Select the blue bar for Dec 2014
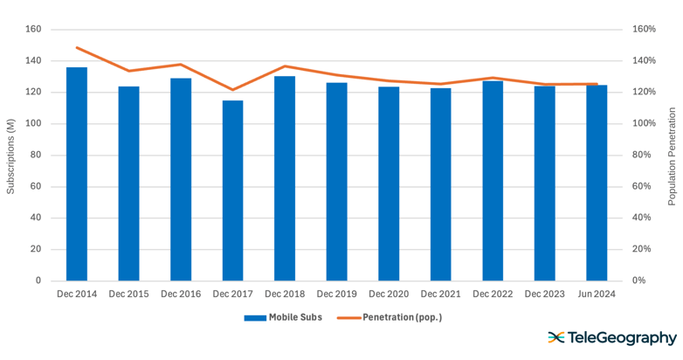[77, 174]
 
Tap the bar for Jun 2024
[597, 183]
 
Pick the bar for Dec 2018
[285, 178]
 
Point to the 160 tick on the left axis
[33, 29]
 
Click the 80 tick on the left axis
[36, 155]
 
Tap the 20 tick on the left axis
[36, 249]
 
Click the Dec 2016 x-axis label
[181, 294]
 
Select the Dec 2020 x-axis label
[389, 294]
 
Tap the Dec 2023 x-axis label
[544, 294]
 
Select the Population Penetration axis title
[672, 156]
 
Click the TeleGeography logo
[611, 338]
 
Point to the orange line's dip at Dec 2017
[232, 90]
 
